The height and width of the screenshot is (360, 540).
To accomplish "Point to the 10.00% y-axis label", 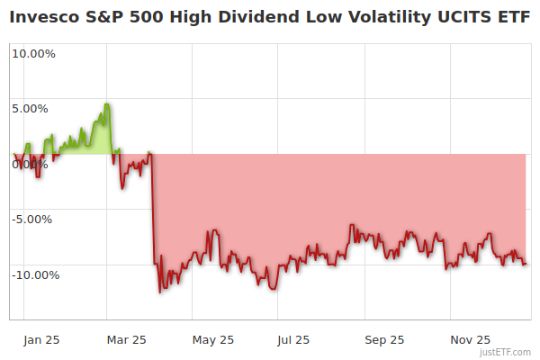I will [x=33, y=53].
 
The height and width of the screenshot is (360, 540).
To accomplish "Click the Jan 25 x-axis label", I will [x=42, y=340].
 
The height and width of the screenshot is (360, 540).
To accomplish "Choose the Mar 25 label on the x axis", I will [x=126, y=340].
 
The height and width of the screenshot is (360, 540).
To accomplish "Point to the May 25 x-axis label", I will [x=213, y=340].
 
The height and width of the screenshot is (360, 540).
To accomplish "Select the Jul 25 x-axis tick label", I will [x=294, y=340].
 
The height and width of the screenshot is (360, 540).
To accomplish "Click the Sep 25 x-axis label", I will [x=384, y=340].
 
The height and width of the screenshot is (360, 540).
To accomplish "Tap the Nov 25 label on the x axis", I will [x=470, y=340].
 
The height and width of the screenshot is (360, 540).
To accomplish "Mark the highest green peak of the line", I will [x=106, y=104].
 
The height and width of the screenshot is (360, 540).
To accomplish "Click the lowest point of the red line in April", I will [x=160, y=292].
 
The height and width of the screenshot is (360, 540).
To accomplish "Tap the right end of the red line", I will [x=526, y=264].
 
